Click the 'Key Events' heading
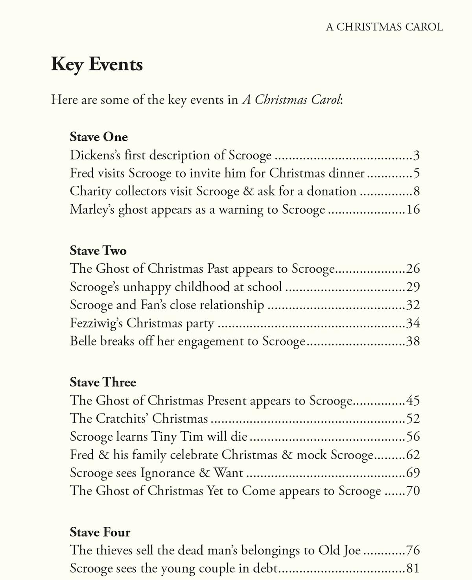(x=97, y=65)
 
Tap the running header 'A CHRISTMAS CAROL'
(x=384, y=27)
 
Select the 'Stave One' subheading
(x=99, y=137)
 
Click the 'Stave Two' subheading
(x=98, y=251)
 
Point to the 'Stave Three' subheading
(x=103, y=382)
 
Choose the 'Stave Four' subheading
(x=100, y=532)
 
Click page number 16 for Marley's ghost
(x=413, y=209)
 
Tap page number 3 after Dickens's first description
(x=417, y=155)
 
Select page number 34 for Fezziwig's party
(x=413, y=323)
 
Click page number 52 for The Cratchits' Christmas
(x=413, y=418)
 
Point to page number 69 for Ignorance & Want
(x=413, y=473)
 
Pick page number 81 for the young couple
(x=413, y=568)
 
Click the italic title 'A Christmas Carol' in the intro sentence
(x=291, y=100)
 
